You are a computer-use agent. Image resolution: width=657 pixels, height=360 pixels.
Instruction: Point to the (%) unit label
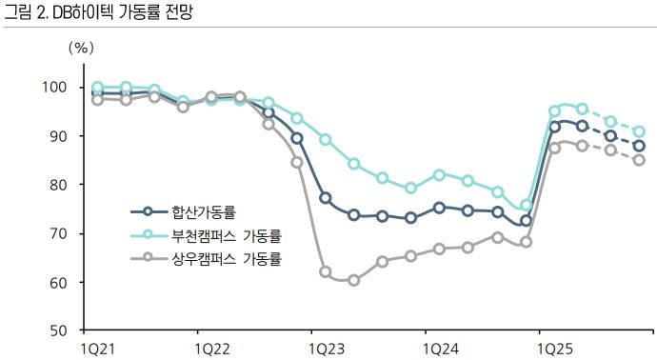(x=82, y=45)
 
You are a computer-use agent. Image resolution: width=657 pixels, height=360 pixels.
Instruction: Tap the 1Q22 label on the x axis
(x=209, y=349)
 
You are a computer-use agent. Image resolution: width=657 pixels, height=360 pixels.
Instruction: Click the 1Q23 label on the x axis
(x=325, y=349)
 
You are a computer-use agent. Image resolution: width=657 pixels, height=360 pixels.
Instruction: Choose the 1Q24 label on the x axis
(x=439, y=349)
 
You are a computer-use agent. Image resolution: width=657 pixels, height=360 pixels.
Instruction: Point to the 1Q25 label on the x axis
(x=553, y=349)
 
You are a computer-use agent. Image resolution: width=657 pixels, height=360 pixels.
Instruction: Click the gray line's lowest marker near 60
(x=353, y=280)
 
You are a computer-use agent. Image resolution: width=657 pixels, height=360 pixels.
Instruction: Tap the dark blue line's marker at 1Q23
(x=325, y=198)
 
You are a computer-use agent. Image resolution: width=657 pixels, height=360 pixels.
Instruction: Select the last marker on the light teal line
(x=640, y=131)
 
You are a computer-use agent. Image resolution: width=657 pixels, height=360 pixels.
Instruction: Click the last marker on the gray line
(x=640, y=160)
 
